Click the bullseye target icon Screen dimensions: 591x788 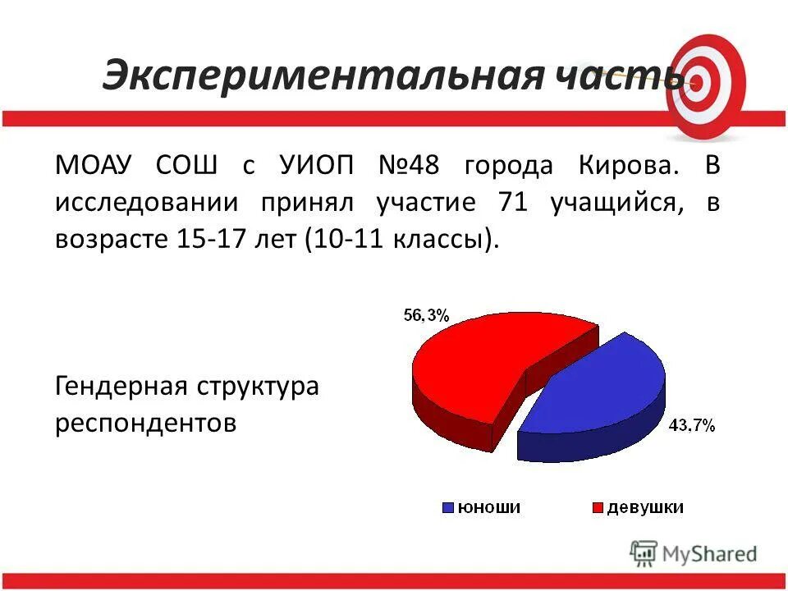706,82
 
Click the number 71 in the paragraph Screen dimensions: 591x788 512,202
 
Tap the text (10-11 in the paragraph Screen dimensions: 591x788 336,240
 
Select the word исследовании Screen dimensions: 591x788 148,202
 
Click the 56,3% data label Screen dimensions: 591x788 425,314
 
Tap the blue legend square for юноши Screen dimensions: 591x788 448,508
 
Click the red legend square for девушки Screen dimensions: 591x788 598,508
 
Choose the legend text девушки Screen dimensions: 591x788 646,508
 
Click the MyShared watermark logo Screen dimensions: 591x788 694,554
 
